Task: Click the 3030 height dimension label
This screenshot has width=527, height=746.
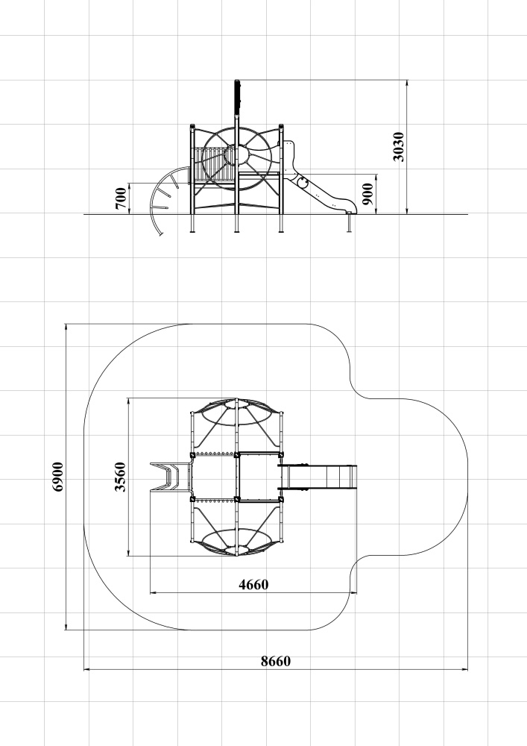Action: tap(399, 147)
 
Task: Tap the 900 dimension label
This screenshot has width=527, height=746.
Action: tap(367, 194)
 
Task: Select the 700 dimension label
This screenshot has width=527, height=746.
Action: tap(122, 198)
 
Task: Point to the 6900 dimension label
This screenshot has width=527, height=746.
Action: tap(57, 477)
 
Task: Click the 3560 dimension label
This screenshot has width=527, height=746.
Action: tap(121, 477)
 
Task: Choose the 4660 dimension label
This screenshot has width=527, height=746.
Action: tap(253, 584)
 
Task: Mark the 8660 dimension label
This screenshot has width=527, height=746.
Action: tap(276, 661)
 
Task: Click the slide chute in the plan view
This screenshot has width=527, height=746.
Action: tap(318, 477)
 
